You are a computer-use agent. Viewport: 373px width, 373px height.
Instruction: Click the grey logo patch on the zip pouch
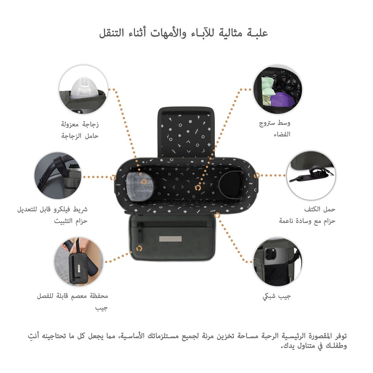(170, 239)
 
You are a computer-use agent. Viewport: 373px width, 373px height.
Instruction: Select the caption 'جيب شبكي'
(277, 297)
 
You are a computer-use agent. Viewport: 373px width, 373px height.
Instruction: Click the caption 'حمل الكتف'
(320, 209)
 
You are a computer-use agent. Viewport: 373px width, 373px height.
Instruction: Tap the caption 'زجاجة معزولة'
(80, 124)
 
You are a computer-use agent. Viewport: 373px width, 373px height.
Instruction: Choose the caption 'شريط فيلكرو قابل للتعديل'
(52, 209)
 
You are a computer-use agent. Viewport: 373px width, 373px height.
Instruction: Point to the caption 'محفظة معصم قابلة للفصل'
(72, 296)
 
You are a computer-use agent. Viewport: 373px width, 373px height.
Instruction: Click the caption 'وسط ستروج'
(275, 123)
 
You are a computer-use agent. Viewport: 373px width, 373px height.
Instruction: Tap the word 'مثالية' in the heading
(230, 33)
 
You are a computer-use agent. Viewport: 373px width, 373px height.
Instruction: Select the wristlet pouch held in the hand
(77, 267)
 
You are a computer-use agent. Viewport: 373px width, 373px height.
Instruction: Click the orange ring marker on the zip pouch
(139, 248)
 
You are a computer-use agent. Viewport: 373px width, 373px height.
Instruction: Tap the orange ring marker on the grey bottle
(144, 182)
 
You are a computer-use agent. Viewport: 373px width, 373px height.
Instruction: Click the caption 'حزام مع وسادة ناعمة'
(307, 221)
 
